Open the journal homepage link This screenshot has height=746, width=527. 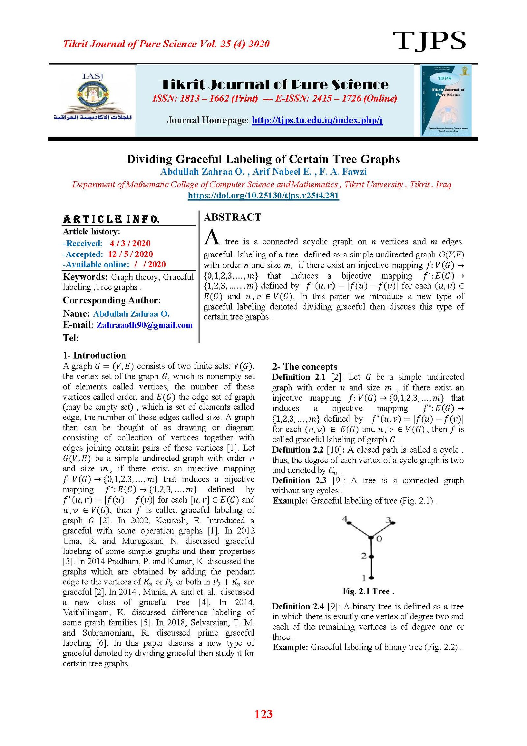pyautogui.click(x=317, y=120)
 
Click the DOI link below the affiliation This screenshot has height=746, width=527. pyautogui.click(x=263, y=195)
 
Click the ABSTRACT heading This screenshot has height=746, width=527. pyautogui.click(x=232, y=217)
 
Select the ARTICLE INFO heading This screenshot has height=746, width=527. pyautogui.click(x=111, y=219)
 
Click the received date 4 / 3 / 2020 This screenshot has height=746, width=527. pyautogui.click(x=130, y=243)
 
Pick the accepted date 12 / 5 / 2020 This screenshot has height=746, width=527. pyautogui.click(x=130, y=254)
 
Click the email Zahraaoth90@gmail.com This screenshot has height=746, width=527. pyautogui.click(x=144, y=325)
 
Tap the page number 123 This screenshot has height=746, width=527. pyautogui.click(x=263, y=714)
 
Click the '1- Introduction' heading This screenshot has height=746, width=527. pyautogui.click(x=94, y=355)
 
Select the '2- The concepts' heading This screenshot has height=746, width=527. pyautogui.click(x=304, y=367)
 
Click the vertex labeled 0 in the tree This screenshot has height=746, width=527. pyautogui.click(x=371, y=538)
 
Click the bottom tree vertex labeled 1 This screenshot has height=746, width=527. pyautogui.click(x=371, y=578)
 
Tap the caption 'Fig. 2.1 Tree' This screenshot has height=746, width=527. pyautogui.click(x=368, y=591)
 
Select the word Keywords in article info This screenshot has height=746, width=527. pyautogui.click(x=85, y=277)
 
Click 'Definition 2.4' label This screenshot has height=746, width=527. pyautogui.click(x=298, y=606)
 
